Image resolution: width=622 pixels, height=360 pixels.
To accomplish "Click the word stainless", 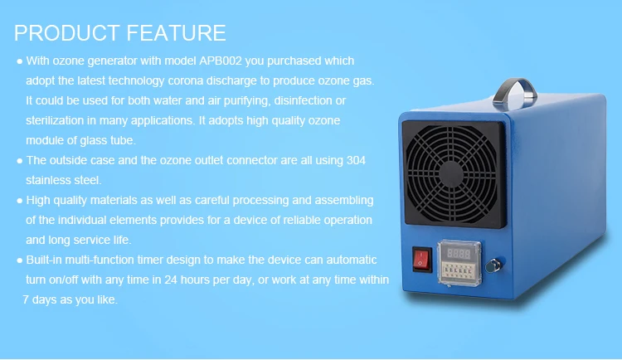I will [50, 179].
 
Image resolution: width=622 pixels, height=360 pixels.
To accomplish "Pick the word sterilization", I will [56, 120].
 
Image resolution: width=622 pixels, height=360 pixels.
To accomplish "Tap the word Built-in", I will [46, 260].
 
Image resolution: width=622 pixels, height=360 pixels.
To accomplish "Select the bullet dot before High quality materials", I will [19, 201].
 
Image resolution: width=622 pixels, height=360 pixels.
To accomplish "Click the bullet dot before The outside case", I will [19, 161].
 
